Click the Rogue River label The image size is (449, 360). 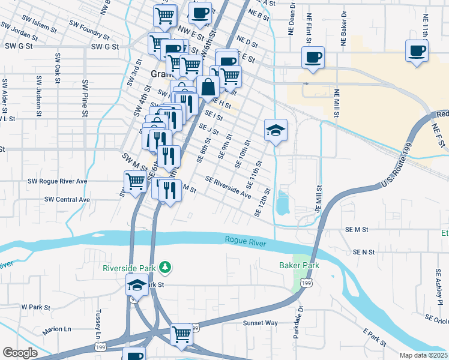246,240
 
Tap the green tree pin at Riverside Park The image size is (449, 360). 170,268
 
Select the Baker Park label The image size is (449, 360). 298,265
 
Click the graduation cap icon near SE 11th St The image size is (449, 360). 276,130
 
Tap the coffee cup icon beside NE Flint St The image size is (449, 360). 313,58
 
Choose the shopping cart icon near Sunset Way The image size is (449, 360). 181,333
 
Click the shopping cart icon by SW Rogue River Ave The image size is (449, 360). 136,180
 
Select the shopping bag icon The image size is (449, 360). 208,86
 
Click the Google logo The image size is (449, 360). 20,353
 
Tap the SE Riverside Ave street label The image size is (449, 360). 228,187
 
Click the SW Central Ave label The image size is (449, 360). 67,199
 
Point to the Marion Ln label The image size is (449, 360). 56,330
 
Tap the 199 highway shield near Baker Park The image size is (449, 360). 307,282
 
